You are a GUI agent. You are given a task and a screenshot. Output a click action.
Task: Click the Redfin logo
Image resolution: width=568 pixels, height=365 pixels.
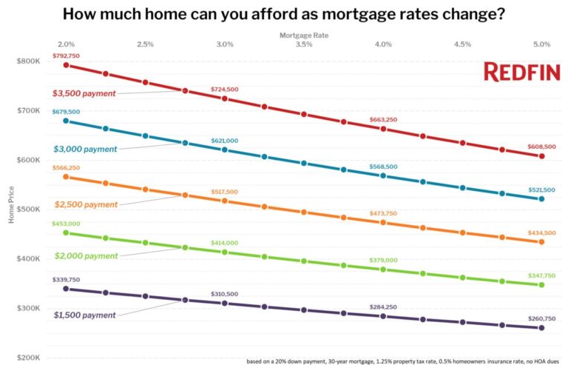(521, 72)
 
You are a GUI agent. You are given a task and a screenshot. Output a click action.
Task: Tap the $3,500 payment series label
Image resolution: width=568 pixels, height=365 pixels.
(85, 94)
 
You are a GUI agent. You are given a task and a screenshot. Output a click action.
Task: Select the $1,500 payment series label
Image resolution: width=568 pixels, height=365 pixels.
(85, 315)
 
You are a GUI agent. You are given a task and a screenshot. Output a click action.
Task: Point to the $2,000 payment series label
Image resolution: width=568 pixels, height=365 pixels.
(85, 256)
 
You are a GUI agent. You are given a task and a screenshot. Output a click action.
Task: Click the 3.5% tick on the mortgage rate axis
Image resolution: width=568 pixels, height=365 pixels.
(303, 44)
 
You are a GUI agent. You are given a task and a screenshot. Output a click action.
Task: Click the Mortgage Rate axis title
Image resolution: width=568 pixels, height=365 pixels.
(303, 35)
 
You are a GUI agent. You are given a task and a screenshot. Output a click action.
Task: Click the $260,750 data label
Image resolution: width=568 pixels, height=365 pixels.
(541, 318)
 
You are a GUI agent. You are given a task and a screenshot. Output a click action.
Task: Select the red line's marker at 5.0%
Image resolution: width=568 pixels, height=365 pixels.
(541, 156)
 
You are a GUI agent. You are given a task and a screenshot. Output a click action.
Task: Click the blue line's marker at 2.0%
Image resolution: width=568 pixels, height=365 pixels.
(66, 121)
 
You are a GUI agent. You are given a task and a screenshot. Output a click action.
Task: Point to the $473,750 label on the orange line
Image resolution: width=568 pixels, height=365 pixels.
(383, 213)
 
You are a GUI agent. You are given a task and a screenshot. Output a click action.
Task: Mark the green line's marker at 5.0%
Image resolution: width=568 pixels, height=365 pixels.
(541, 285)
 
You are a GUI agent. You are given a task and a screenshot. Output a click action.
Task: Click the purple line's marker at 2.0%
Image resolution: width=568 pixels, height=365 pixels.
(66, 289)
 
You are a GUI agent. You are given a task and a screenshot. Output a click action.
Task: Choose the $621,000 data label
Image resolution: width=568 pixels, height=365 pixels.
(224, 141)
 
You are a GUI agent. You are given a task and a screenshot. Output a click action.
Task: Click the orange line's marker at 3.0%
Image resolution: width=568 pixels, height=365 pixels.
(224, 201)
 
